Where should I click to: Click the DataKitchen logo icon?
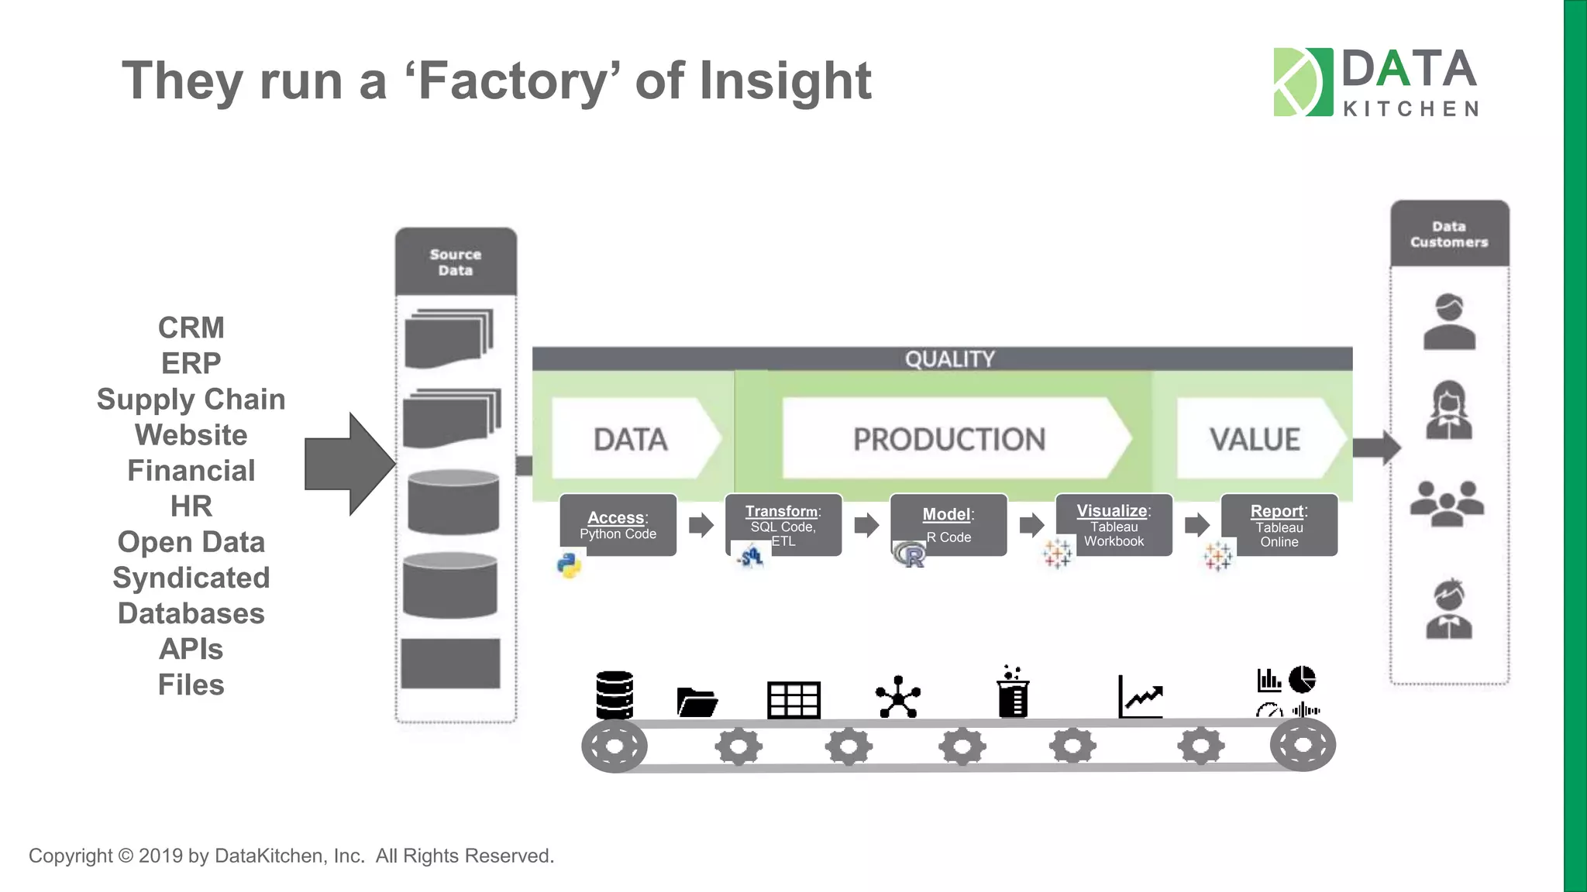(1303, 82)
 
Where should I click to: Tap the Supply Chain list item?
(191, 400)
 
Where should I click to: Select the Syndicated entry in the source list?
(191, 578)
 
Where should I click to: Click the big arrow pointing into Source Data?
(349, 464)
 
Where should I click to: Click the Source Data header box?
(456, 262)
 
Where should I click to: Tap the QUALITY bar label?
(949, 359)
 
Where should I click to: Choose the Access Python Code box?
(618, 525)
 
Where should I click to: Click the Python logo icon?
(570, 565)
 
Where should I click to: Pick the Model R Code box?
(948, 525)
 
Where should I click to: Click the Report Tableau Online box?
(1279, 525)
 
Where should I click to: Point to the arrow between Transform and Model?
(866, 525)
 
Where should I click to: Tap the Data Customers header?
(1449, 235)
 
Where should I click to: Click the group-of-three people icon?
(1447, 503)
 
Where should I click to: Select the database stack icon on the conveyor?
(614, 695)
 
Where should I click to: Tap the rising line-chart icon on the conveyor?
(1140, 697)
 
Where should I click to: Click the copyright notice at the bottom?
(291, 856)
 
